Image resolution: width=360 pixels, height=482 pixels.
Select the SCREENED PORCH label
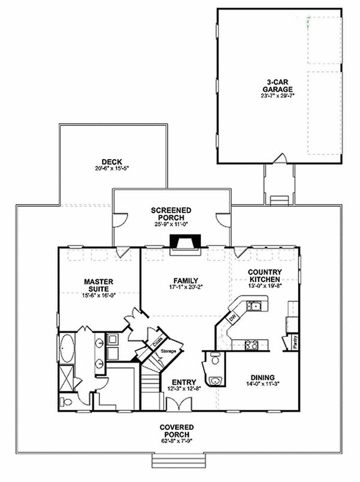171,214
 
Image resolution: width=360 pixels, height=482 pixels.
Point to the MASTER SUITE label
99,285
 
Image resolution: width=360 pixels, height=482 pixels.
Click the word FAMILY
186,280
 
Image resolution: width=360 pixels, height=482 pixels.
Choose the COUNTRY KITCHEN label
265,276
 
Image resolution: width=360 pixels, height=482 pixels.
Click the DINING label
263,379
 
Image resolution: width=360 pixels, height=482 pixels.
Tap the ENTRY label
184,382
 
